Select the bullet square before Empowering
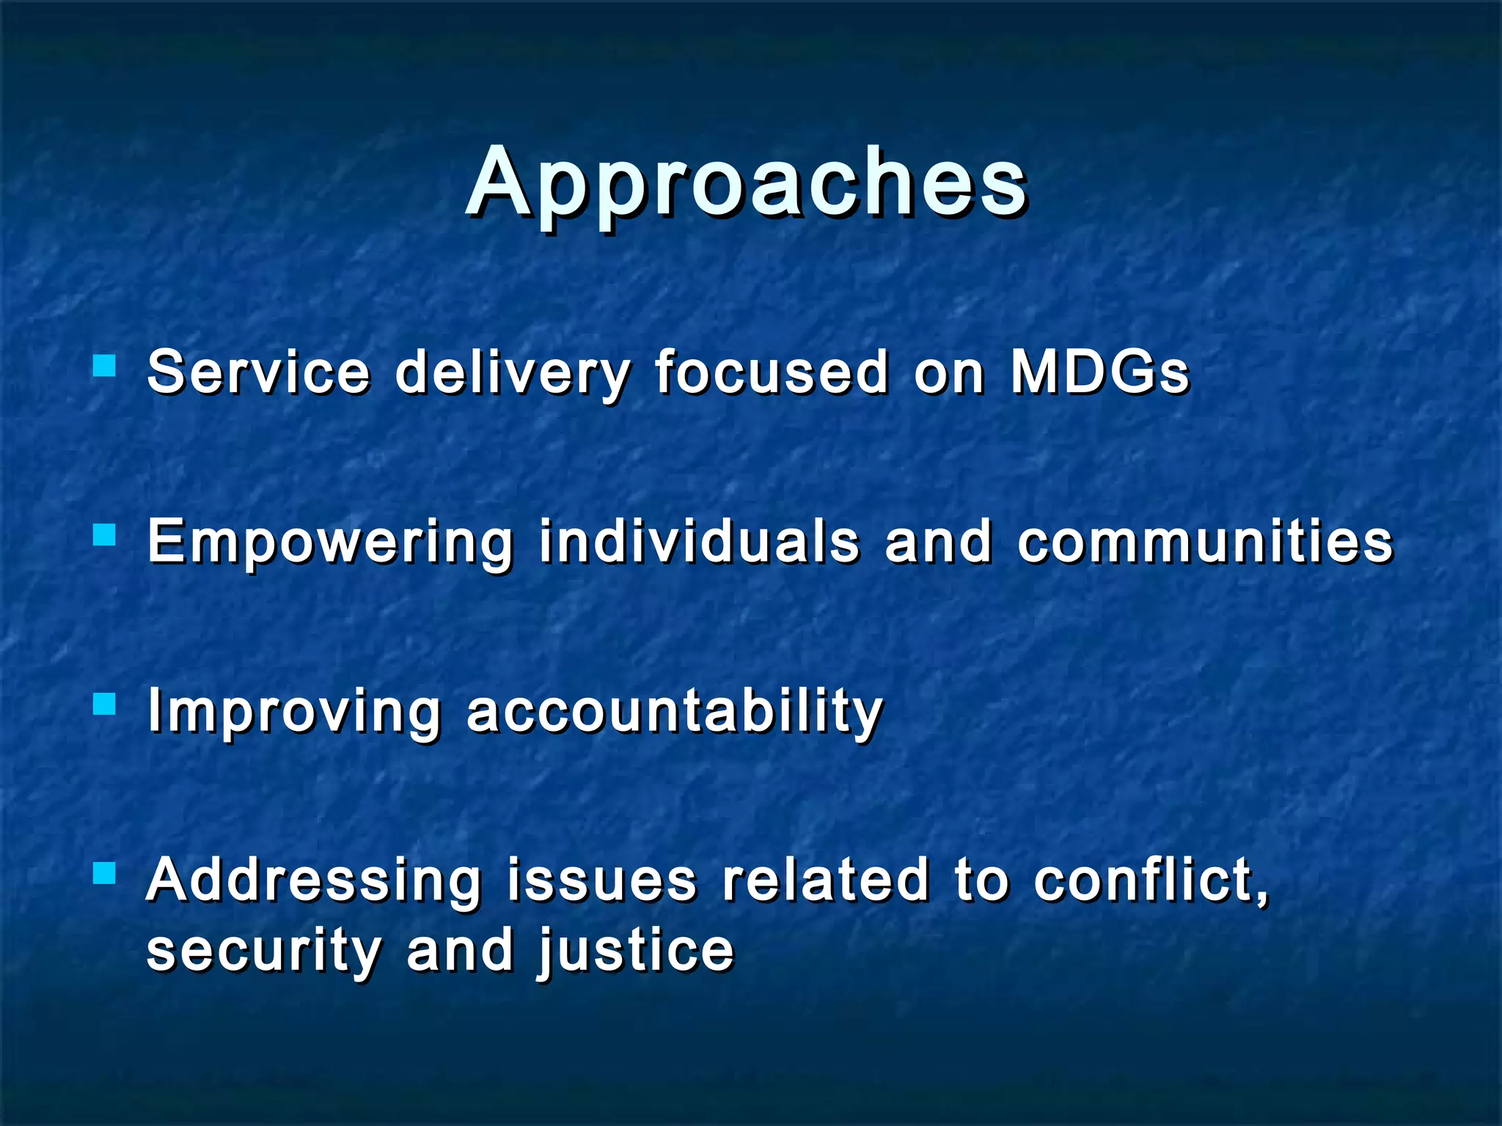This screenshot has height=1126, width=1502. [x=105, y=534]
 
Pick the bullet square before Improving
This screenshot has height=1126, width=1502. [x=105, y=704]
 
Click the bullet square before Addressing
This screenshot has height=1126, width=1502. [x=105, y=872]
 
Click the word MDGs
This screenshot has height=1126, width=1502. [x=1099, y=372]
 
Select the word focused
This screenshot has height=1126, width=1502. [x=772, y=372]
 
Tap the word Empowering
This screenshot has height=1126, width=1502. [x=330, y=542]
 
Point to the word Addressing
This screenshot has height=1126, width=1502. [x=314, y=881]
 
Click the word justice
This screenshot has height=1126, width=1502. [x=635, y=951]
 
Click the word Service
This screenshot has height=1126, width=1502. [x=258, y=372]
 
